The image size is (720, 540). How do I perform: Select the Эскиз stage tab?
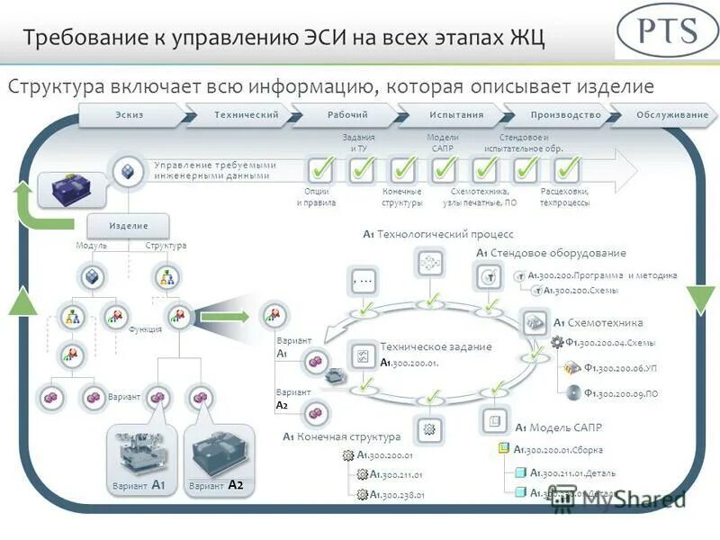tap(130, 115)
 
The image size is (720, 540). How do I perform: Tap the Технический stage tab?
tap(246, 115)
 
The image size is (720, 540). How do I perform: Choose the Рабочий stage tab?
tap(347, 115)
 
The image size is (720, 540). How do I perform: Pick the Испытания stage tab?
tap(456, 115)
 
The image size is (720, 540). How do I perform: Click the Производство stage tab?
tap(565, 115)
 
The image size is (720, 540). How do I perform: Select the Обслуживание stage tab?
tap(671, 115)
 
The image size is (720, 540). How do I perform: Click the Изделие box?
tap(129, 225)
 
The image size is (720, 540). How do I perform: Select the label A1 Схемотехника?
tap(598, 323)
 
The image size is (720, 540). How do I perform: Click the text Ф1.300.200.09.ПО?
tap(620, 392)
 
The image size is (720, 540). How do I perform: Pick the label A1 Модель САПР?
tap(558, 427)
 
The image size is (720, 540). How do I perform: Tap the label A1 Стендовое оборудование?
tap(551, 253)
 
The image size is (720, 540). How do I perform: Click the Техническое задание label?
tap(436, 346)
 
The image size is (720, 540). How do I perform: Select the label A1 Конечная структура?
tap(341, 437)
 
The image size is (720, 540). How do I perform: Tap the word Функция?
tap(145, 329)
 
